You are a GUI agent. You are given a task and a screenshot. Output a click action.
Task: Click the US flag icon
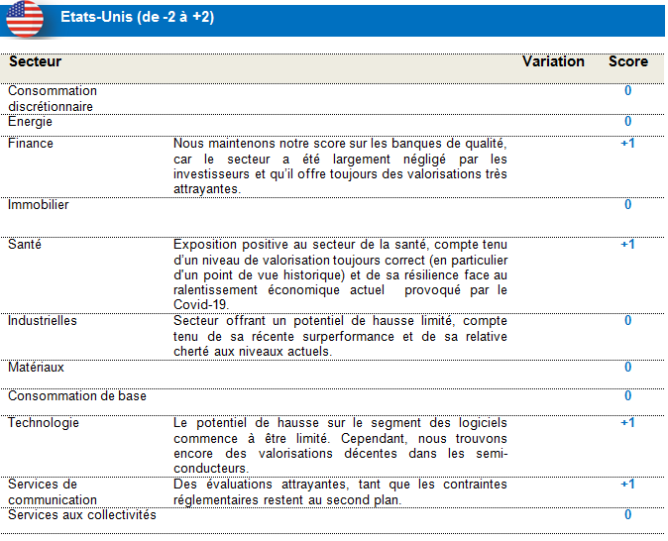tap(24, 18)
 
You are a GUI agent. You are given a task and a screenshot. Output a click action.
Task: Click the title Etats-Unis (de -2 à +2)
tap(137, 18)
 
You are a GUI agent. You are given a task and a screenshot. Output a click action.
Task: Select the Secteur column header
tap(35, 61)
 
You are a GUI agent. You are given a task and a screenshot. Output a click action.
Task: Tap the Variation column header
tap(553, 61)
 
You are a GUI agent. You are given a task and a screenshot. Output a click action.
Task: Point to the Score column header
tap(627, 61)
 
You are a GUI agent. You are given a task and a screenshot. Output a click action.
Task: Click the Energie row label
tap(31, 122)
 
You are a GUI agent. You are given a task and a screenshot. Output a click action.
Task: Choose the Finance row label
tap(31, 144)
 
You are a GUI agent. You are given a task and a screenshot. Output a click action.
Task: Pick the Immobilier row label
tap(39, 205)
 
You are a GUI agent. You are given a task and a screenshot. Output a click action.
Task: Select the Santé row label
tap(25, 244)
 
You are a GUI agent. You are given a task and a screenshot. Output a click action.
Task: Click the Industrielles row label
tap(43, 321)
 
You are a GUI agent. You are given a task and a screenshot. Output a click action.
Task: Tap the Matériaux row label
tap(37, 368)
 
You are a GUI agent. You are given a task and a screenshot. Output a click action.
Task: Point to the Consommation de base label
tap(77, 396)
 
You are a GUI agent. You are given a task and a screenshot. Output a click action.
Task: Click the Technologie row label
tap(44, 423)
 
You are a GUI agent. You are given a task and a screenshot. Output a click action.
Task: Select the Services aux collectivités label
tap(82, 514)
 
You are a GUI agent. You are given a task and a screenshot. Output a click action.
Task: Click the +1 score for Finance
tap(627, 144)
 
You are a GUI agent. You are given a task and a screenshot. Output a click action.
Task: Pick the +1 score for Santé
tap(627, 244)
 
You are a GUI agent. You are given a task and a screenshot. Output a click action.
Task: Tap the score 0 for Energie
tap(627, 122)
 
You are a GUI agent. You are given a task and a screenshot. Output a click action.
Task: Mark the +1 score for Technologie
tap(627, 423)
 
